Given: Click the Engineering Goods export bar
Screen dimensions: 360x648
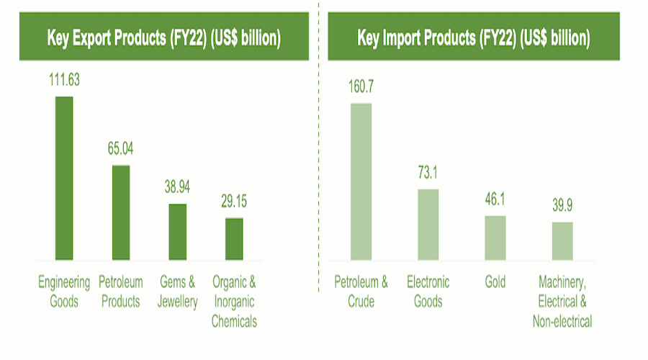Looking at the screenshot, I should pos(64,177).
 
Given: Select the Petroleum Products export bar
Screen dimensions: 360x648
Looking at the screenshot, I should pos(121,212).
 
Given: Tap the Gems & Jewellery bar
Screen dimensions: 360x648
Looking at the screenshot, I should pos(178,231).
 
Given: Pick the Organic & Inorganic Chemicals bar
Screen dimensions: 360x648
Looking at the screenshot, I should pos(234,238).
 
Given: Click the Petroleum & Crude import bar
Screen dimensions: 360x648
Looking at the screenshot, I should pos(361,181).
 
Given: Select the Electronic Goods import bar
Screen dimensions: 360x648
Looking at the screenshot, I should pos(428,224).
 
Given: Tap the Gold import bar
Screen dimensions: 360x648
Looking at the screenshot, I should pos(495,237).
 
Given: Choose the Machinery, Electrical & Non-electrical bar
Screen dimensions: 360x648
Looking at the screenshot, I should pos(562,240).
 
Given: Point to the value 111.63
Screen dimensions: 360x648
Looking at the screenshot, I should pos(64,81).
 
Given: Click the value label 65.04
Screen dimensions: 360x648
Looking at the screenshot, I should pos(121,150).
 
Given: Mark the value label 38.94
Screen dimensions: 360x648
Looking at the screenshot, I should pos(178,189).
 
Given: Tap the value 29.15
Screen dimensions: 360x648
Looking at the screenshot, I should pos(234,202).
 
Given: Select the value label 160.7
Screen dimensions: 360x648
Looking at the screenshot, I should pos(361,88).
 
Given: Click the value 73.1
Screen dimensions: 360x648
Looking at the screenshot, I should pos(428,174).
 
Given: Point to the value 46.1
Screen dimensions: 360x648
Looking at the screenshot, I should pos(495,201).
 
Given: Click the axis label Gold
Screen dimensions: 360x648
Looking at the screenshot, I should pos(495,282).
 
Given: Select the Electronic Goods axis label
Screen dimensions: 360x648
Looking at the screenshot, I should pos(428,291).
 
